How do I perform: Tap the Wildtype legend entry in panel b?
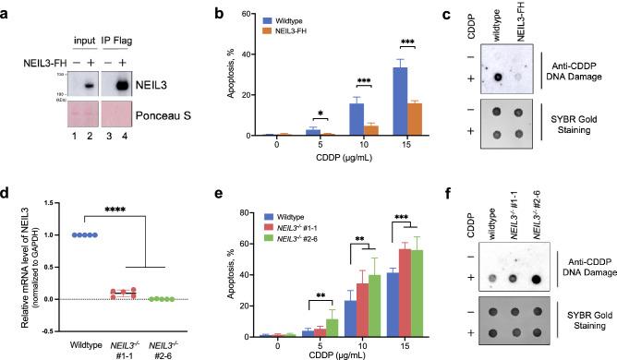click(260, 18)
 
